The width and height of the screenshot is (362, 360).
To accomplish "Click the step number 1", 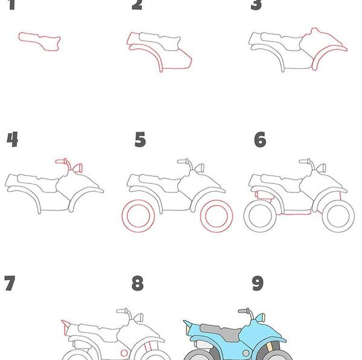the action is coord(11,5).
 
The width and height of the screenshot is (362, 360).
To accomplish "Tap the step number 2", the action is coord(137,5).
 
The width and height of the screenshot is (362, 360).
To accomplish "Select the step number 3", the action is coord(256,5).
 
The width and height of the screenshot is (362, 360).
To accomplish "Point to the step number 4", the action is coord(12,139).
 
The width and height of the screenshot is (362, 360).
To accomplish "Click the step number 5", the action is coord(140,139).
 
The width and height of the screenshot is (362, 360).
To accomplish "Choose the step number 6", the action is coord(260,139).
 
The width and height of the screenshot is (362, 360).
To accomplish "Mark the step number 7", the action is coord(10,283).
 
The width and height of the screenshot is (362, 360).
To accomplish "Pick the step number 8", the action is coord(138,283).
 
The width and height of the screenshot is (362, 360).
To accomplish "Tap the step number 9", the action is coord(258,283).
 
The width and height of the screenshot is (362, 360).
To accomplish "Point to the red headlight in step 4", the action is coord(78,168).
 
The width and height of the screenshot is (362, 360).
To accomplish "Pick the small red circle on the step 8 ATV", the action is coord(124,353).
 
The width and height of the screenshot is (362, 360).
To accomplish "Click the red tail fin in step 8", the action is coord(66,327).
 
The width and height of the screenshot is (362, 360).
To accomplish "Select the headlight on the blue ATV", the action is coord(261,318).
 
